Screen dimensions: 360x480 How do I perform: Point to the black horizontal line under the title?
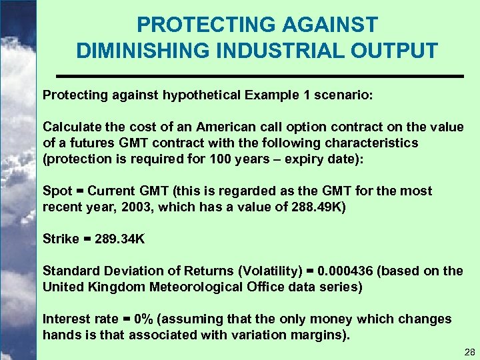coord(258,77)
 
